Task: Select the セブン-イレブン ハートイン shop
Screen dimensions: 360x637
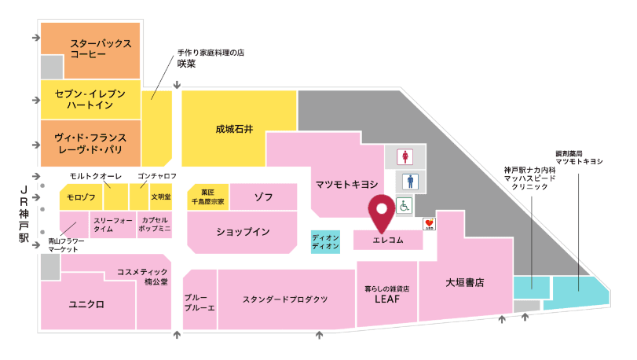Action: point(90,99)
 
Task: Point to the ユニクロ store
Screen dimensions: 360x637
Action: point(86,303)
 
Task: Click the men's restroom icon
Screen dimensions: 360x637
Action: point(407,181)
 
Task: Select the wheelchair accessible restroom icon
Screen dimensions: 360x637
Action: point(404,206)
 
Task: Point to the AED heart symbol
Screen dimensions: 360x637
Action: point(430,224)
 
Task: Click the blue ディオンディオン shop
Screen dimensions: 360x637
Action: point(325,241)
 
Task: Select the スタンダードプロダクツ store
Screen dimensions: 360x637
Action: point(284,299)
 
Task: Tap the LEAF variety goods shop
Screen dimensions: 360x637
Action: point(386,295)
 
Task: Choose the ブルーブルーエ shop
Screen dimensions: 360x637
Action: point(200,303)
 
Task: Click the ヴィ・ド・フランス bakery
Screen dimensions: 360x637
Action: point(90,142)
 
